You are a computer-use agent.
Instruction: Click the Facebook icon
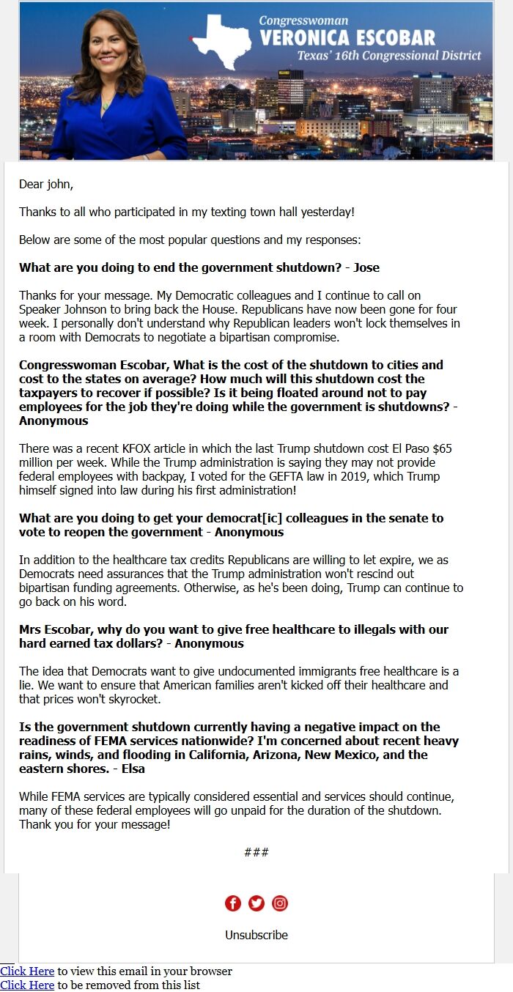(233, 903)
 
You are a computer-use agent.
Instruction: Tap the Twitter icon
(256, 903)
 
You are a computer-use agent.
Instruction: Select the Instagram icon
(280, 903)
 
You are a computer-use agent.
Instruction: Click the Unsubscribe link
(256, 935)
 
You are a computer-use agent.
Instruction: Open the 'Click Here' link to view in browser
(27, 971)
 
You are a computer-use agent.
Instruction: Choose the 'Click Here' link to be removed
(27, 985)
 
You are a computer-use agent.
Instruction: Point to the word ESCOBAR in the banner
(392, 37)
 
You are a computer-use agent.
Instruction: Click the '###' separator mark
(256, 852)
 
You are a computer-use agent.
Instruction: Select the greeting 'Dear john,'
(46, 185)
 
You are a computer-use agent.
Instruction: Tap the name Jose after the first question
(366, 267)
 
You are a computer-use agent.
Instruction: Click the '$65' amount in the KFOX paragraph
(449, 448)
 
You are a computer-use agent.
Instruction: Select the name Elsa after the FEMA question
(133, 769)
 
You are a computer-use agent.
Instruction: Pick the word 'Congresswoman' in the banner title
(303, 21)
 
